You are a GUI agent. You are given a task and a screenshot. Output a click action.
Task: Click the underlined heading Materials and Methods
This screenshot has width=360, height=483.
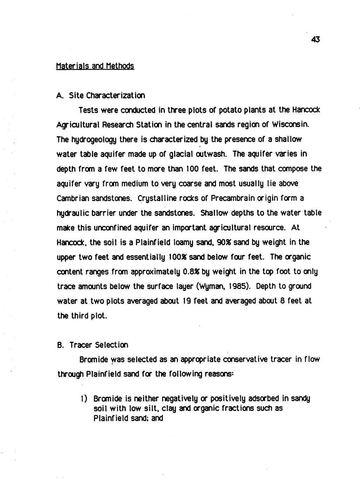[95, 66]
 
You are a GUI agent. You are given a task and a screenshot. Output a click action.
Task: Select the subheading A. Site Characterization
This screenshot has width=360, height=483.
[101, 95]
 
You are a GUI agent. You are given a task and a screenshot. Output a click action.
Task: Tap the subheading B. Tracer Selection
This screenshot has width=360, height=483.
[93, 345]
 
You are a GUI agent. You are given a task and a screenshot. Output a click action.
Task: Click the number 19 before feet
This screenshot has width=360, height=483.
[186, 301]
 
